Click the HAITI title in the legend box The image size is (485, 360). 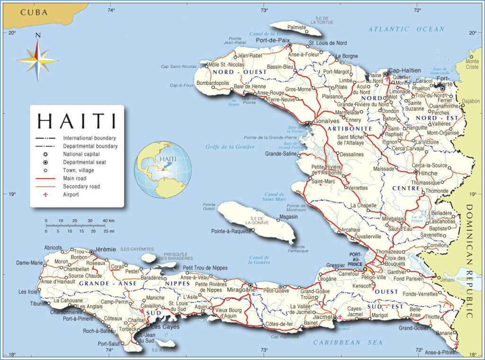(x=77, y=121)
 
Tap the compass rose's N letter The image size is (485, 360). (x=38, y=35)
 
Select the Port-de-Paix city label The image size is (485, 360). (x=272, y=41)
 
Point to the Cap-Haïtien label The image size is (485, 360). (x=404, y=71)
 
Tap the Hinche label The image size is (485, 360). (x=428, y=173)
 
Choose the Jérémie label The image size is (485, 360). (x=105, y=249)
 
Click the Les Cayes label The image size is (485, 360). (x=162, y=326)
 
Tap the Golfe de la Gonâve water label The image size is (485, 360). (x=230, y=147)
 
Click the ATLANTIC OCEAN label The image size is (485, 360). (x=406, y=29)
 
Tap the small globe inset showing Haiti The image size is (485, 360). (x=162, y=169)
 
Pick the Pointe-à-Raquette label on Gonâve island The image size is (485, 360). (x=231, y=231)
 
